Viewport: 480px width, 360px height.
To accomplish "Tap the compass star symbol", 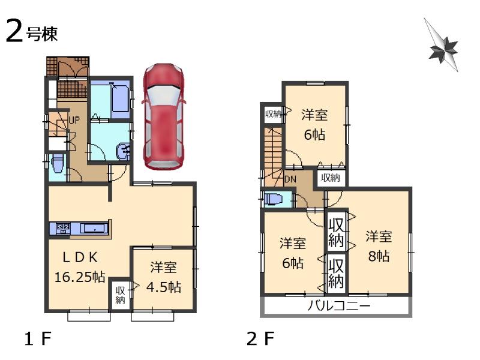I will pos(443,47).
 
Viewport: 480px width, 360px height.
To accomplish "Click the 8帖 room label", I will pos(380,245).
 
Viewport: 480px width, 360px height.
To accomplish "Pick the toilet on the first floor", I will pos(58,164).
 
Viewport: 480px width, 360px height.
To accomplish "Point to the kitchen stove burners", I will pos(63,228).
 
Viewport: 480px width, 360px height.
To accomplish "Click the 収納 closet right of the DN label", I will pos(330,178).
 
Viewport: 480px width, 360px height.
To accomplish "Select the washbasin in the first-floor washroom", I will pos(124,152).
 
